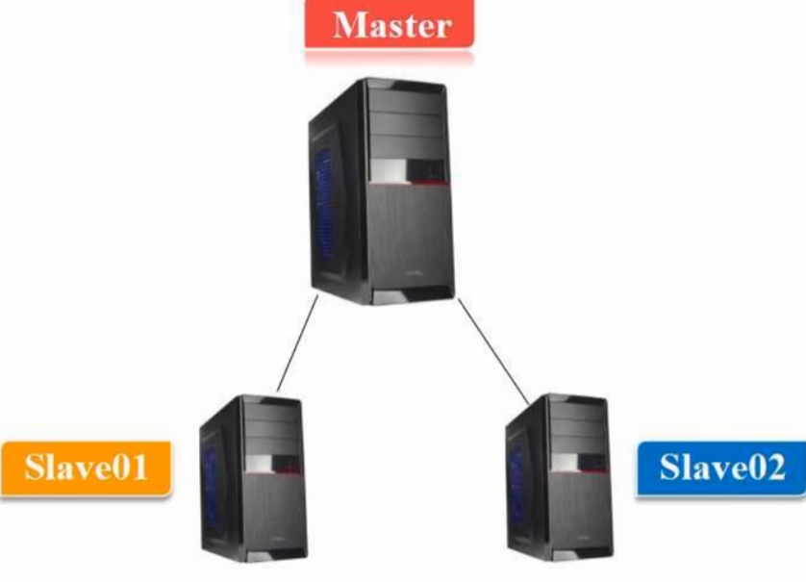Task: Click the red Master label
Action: pos(390,24)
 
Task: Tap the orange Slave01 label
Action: pos(86,468)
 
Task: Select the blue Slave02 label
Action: pos(721,468)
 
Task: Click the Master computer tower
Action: pos(379,192)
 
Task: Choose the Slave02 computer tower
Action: pos(560,476)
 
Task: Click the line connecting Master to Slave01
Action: pos(297,343)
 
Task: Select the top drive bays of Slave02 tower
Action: pos(583,423)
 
